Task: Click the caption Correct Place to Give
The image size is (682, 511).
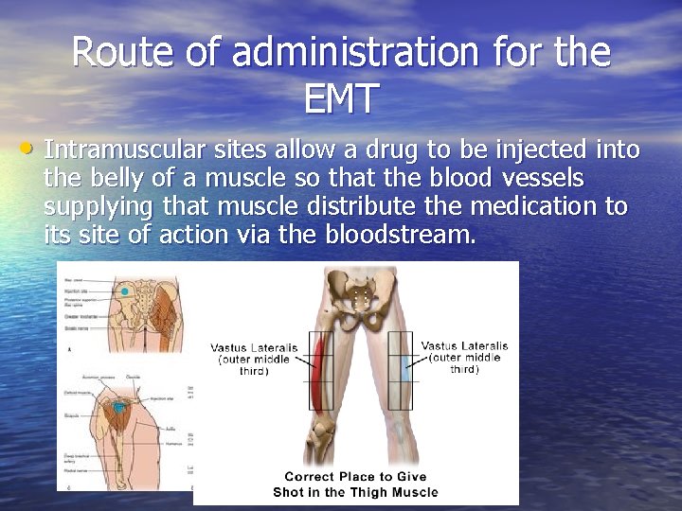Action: click(356, 477)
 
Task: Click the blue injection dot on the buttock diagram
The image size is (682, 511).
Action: click(124, 292)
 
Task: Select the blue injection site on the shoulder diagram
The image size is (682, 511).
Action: click(118, 406)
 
